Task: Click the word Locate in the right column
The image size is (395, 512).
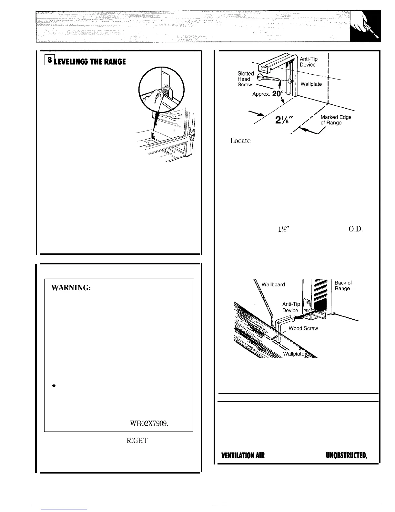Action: click(x=240, y=141)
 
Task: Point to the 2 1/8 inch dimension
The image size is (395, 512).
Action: click(x=283, y=120)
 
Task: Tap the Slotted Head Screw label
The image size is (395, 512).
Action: click(x=245, y=79)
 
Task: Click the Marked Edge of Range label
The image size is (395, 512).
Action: click(x=336, y=120)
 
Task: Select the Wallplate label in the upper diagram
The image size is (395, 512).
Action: click(x=311, y=84)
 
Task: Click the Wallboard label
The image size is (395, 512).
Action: click(x=273, y=284)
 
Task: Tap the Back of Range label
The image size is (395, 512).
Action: click(x=343, y=285)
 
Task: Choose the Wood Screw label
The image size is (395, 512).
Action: click(x=303, y=328)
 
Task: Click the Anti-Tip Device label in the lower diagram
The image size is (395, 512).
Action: click(x=291, y=307)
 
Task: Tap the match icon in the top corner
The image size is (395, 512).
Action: click(x=367, y=26)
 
